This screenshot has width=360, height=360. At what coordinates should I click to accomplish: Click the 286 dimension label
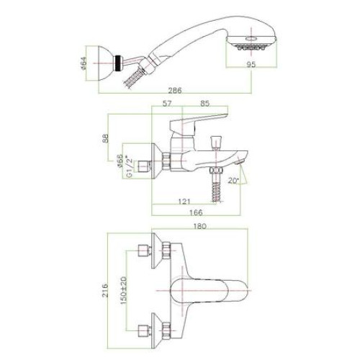click(x=175, y=91)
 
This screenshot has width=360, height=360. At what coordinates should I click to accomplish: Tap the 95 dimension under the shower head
click(x=251, y=64)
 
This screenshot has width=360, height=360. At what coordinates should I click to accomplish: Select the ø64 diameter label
click(x=84, y=63)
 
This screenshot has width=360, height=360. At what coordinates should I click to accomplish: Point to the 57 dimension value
click(x=167, y=104)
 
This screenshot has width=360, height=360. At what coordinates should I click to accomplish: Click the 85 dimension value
click(x=204, y=104)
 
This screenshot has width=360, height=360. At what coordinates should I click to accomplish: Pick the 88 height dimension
click(x=105, y=138)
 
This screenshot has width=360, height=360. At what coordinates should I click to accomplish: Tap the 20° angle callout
click(x=233, y=181)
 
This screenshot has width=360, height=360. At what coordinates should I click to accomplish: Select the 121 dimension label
click(x=184, y=201)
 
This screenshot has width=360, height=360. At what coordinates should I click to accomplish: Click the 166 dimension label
click(x=196, y=212)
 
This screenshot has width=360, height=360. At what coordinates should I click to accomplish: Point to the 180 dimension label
click(x=199, y=226)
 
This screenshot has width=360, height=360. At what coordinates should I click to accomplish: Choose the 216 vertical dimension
click(x=105, y=290)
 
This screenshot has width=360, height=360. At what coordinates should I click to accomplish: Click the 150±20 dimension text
click(x=123, y=290)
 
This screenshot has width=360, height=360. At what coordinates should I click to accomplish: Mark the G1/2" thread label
click(x=130, y=168)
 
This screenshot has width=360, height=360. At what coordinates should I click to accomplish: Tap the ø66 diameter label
click(x=120, y=161)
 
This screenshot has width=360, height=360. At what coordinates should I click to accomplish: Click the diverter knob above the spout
click(x=215, y=143)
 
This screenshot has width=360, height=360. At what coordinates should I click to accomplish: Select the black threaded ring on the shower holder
click(x=118, y=63)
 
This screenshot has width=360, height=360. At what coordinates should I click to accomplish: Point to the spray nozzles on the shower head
click(x=251, y=48)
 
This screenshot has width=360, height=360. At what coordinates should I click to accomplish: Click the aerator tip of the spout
click(x=239, y=162)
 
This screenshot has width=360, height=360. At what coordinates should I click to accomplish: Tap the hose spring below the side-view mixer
click(x=217, y=191)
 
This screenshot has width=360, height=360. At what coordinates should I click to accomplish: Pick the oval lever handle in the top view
click(x=209, y=290)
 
